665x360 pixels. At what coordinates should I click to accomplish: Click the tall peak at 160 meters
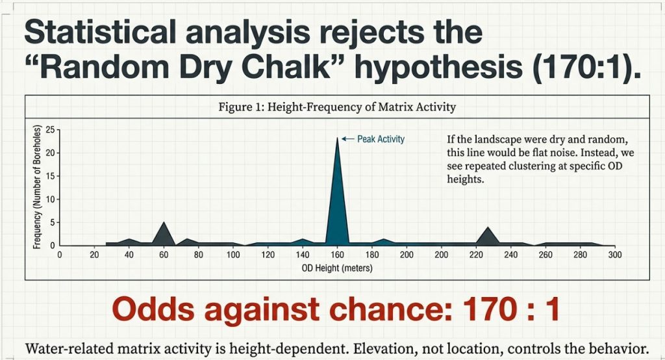[337, 195]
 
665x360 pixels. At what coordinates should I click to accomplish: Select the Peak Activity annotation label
[381, 139]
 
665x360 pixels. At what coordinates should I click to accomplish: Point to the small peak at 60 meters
[164, 233]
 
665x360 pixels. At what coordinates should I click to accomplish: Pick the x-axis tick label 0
[59, 255]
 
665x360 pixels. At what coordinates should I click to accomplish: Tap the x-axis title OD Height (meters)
[336, 268]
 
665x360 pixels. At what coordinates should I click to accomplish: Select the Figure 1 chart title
[337, 107]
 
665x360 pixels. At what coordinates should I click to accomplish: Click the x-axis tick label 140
[302, 255]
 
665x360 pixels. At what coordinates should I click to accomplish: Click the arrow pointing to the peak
[347, 139]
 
